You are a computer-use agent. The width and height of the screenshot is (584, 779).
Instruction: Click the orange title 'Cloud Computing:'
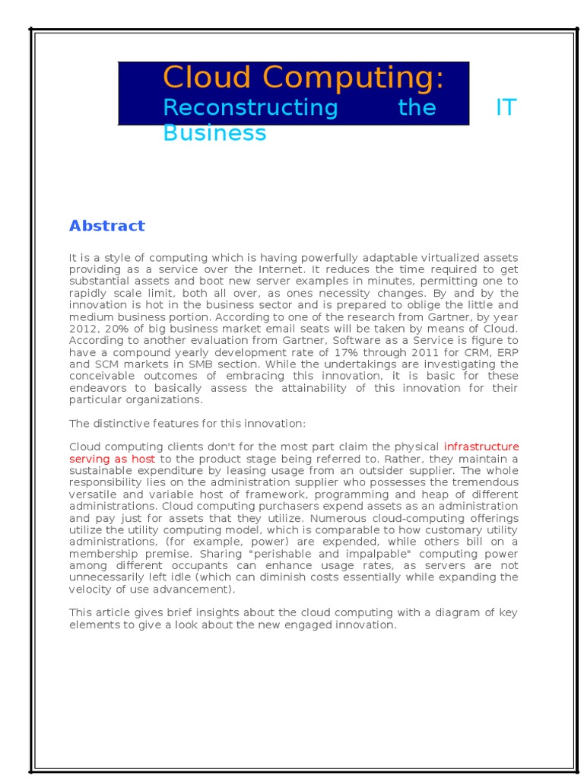point(303,78)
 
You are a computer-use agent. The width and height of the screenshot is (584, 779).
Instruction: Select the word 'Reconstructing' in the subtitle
point(250,107)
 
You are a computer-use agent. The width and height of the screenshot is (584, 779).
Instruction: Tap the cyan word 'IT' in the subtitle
point(506,107)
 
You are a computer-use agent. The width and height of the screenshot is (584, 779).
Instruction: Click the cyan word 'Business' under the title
point(214,133)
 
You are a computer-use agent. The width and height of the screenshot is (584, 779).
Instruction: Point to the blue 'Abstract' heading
point(106,226)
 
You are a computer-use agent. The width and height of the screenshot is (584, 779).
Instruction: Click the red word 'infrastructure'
point(481,447)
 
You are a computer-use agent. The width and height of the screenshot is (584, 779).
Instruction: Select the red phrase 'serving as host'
point(112,459)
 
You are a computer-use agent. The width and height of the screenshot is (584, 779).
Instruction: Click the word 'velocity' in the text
point(91,589)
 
